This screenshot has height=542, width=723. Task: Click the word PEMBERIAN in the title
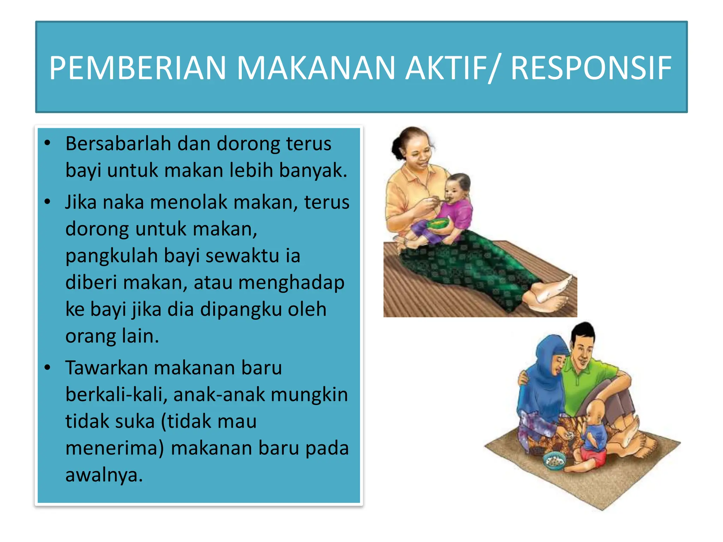pyautogui.click(x=137, y=68)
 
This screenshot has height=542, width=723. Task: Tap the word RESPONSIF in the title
pyautogui.click(x=591, y=68)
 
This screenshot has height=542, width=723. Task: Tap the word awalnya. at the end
pyautogui.click(x=104, y=475)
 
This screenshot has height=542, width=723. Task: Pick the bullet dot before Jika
pyautogui.click(x=47, y=202)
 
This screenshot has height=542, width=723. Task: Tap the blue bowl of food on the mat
pyautogui.click(x=554, y=460)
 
